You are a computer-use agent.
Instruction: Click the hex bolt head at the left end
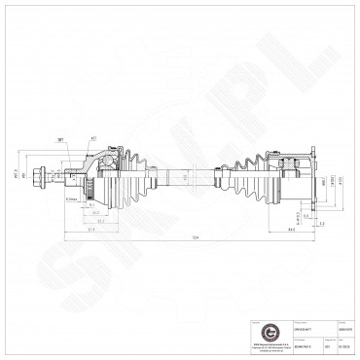[x=43, y=179]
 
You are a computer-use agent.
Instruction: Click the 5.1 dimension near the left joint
[x=101, y=222]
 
